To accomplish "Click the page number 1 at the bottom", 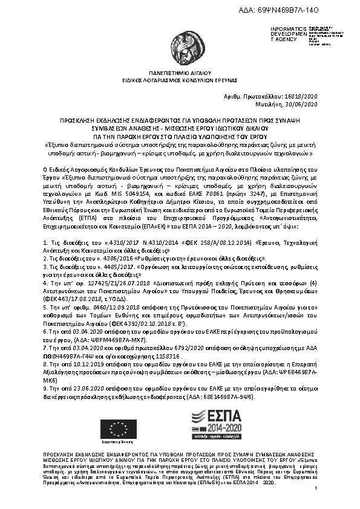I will coord(316,495).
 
